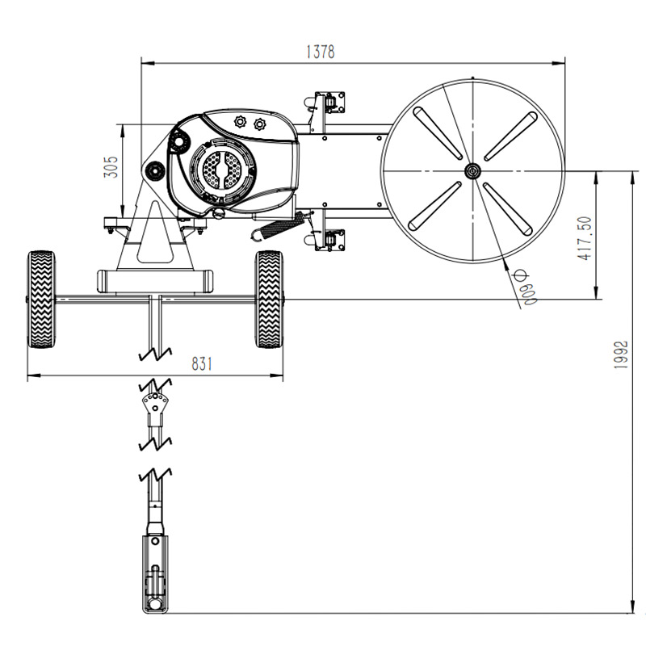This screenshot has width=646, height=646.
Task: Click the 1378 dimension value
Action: point(321,52)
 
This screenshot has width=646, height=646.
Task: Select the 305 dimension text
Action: point(111,167)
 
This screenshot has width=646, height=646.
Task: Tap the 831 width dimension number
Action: point(202,364)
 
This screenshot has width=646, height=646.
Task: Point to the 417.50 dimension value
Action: point(585,238)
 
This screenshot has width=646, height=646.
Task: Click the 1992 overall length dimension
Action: point(620,354)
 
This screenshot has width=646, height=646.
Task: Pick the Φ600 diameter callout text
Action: point(526,287)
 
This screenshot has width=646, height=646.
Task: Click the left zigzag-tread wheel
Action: point(41,300)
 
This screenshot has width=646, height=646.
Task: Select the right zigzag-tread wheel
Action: point(270,300)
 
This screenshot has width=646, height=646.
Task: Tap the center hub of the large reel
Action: point(472,171)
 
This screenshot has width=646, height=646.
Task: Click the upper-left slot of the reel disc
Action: point(438,133)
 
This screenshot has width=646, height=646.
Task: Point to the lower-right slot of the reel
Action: point(508,209)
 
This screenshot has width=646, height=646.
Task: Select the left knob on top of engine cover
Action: point(240,122)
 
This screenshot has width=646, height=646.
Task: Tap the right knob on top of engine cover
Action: point(259,124)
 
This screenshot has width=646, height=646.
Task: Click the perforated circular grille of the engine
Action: point(223,170)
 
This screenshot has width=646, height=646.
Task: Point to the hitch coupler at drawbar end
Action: point(155,574)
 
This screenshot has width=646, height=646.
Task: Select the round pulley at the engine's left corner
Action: point(154,170)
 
